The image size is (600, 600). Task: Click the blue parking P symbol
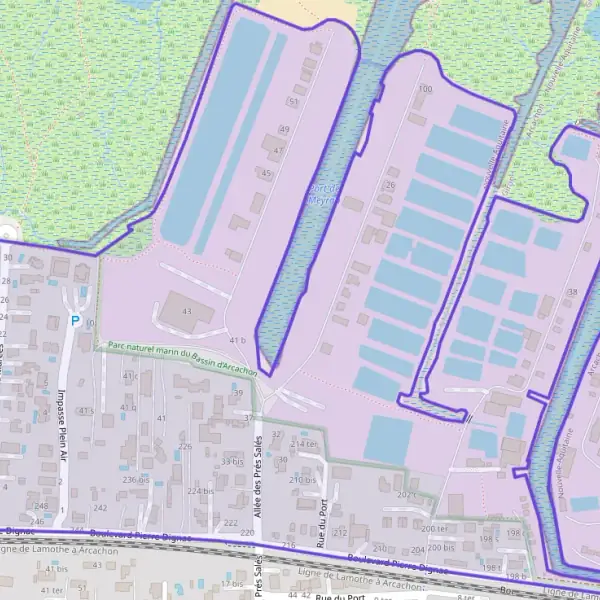point(75,321)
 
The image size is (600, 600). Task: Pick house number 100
point(425,89)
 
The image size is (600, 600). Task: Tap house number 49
point(284,130)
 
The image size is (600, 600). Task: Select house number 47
point(279,150)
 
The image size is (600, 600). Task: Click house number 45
point(265,174)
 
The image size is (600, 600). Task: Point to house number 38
point(572,292)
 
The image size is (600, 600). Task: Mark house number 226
point(185,446)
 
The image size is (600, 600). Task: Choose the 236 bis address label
point(135,480)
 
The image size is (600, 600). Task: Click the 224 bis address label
point(200,492)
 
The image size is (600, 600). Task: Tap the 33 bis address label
point(232,462)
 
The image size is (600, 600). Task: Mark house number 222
point(231,523)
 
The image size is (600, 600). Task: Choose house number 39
point(238,393)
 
